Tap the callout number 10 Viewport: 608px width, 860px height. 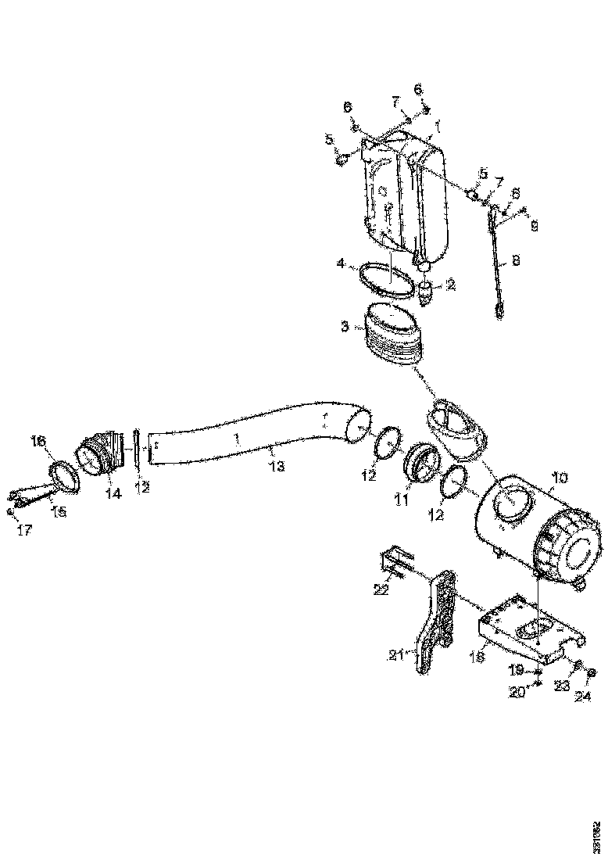tap(560, 477)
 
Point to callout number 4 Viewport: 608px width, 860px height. tap(341, 264)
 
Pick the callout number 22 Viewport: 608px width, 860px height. tap(381, 590)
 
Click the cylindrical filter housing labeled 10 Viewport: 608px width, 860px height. tap(531, 532)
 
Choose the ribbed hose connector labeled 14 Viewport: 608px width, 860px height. tap(100, 456)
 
